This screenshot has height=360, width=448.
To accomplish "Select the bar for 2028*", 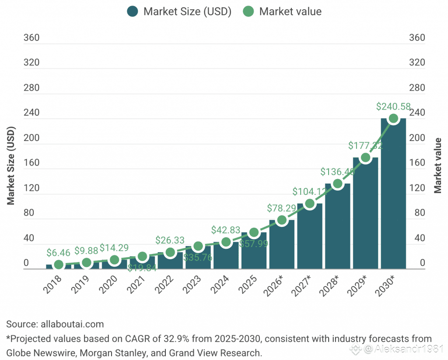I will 337,228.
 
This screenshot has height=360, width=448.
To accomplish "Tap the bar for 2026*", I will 282,245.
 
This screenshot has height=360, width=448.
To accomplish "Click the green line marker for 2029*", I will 365,158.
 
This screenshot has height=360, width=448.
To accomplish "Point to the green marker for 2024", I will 226,242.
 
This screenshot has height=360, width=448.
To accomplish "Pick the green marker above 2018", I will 59,265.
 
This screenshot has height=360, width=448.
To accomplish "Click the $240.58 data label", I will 393,106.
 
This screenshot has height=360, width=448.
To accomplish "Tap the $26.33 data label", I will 170,240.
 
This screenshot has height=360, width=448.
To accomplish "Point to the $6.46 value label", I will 59,253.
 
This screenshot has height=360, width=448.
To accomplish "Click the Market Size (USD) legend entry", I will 179,11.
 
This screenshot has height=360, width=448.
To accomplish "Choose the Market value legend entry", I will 283,11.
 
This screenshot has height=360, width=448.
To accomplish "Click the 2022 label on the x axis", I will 166,288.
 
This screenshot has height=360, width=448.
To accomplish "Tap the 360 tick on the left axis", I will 31,38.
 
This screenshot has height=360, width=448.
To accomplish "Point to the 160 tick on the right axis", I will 416,163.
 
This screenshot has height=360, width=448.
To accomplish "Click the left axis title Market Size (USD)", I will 11,166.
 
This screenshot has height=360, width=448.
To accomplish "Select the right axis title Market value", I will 437,166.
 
